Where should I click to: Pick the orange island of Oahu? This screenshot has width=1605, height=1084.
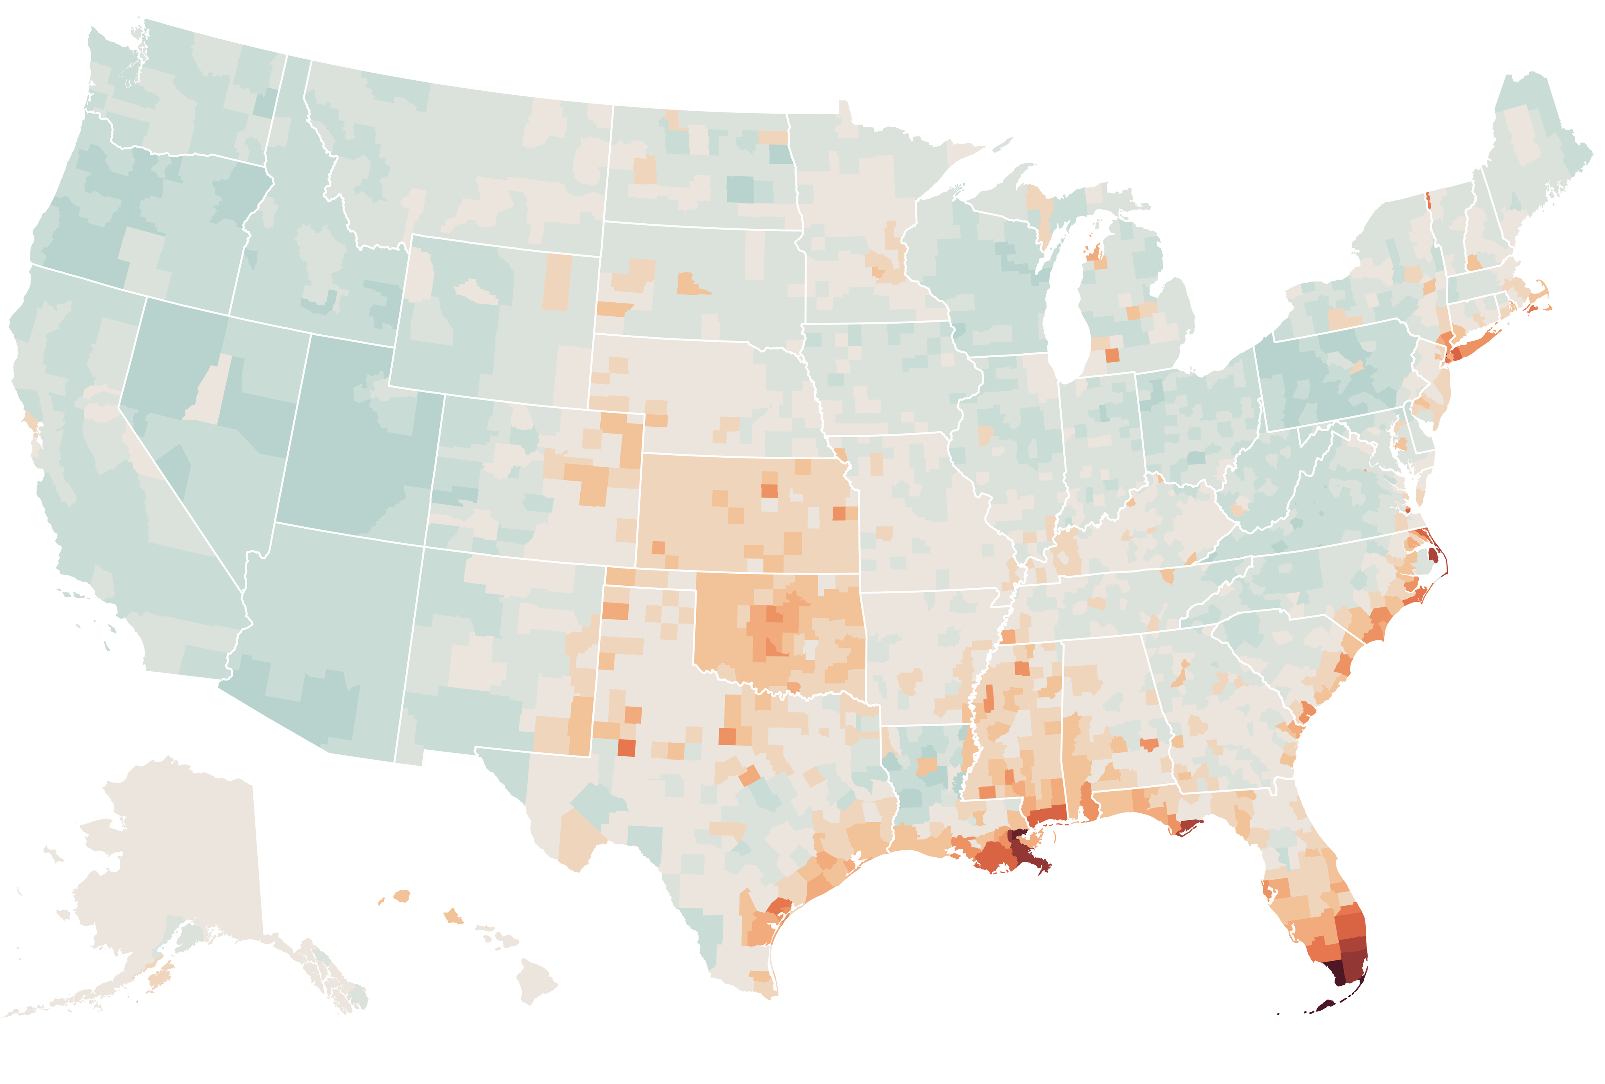click(453, 917)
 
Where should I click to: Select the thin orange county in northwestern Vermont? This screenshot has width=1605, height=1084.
click(1428, 200)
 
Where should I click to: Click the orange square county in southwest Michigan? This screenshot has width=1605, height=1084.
click(1112, 356)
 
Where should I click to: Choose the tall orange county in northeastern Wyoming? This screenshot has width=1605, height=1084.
click(558, 282)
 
